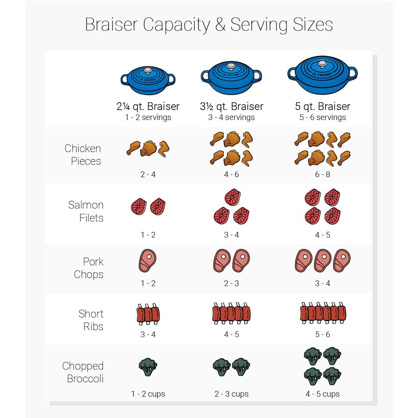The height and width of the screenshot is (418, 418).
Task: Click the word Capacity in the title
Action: [x=176, y=25]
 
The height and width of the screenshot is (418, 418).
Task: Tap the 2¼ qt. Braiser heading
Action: [x=148, y=106]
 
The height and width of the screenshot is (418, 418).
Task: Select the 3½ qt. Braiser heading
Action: [x=232, y=106]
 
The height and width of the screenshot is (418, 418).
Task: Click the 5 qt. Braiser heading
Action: [x=323, y=106]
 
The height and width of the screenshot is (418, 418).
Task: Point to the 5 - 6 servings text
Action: [x=323, y=117]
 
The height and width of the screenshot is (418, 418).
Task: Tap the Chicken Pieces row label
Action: [x=83, y=155]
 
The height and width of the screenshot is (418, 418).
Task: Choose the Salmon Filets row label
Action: [x=86, y=211]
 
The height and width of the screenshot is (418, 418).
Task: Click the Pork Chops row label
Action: [x=89, y=268]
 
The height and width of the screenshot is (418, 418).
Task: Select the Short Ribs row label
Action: [x=91, y=320]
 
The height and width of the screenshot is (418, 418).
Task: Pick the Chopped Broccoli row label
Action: [x=83, y=372]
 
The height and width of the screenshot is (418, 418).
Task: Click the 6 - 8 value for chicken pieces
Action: [x=323, y=175]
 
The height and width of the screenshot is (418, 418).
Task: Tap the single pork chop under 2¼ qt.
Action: [x=148, y=261]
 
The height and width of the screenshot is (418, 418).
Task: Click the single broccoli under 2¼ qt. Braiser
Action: [x=148, y=367]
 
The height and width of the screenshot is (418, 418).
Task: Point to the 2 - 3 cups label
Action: [x=232, y=394]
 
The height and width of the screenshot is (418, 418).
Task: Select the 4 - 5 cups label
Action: [x=323, y=394]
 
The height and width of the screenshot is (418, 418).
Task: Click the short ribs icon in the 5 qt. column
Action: [x=323, y=313]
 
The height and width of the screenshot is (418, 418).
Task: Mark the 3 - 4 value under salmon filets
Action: [x=232, y=235]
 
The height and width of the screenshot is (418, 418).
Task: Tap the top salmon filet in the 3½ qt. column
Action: [x=232, y=198]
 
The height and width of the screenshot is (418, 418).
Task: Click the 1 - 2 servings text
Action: [x=148, y=117]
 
